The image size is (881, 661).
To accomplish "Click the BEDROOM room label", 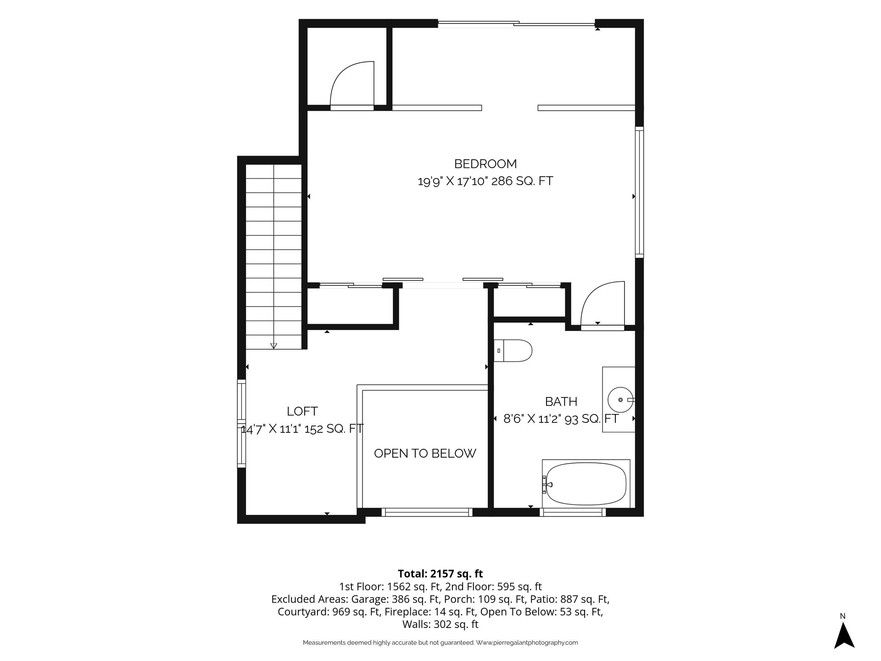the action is [485, 164].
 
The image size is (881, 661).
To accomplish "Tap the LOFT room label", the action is [302, 411].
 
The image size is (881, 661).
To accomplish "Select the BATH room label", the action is [561, 402].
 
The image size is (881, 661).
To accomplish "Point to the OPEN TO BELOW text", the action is [425, 454].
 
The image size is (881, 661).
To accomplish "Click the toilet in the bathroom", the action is [513, 351].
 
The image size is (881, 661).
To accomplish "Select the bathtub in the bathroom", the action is [586, 483].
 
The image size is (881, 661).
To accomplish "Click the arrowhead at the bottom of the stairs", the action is [274, 346].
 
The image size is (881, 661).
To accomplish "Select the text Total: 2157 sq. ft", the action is [440, 574].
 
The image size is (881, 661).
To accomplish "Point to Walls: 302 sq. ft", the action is [440, 624].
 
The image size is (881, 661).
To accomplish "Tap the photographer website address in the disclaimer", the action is [527, 643].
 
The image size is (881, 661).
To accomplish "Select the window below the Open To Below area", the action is [427, 512].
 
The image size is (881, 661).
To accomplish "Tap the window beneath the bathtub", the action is [573, 512].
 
